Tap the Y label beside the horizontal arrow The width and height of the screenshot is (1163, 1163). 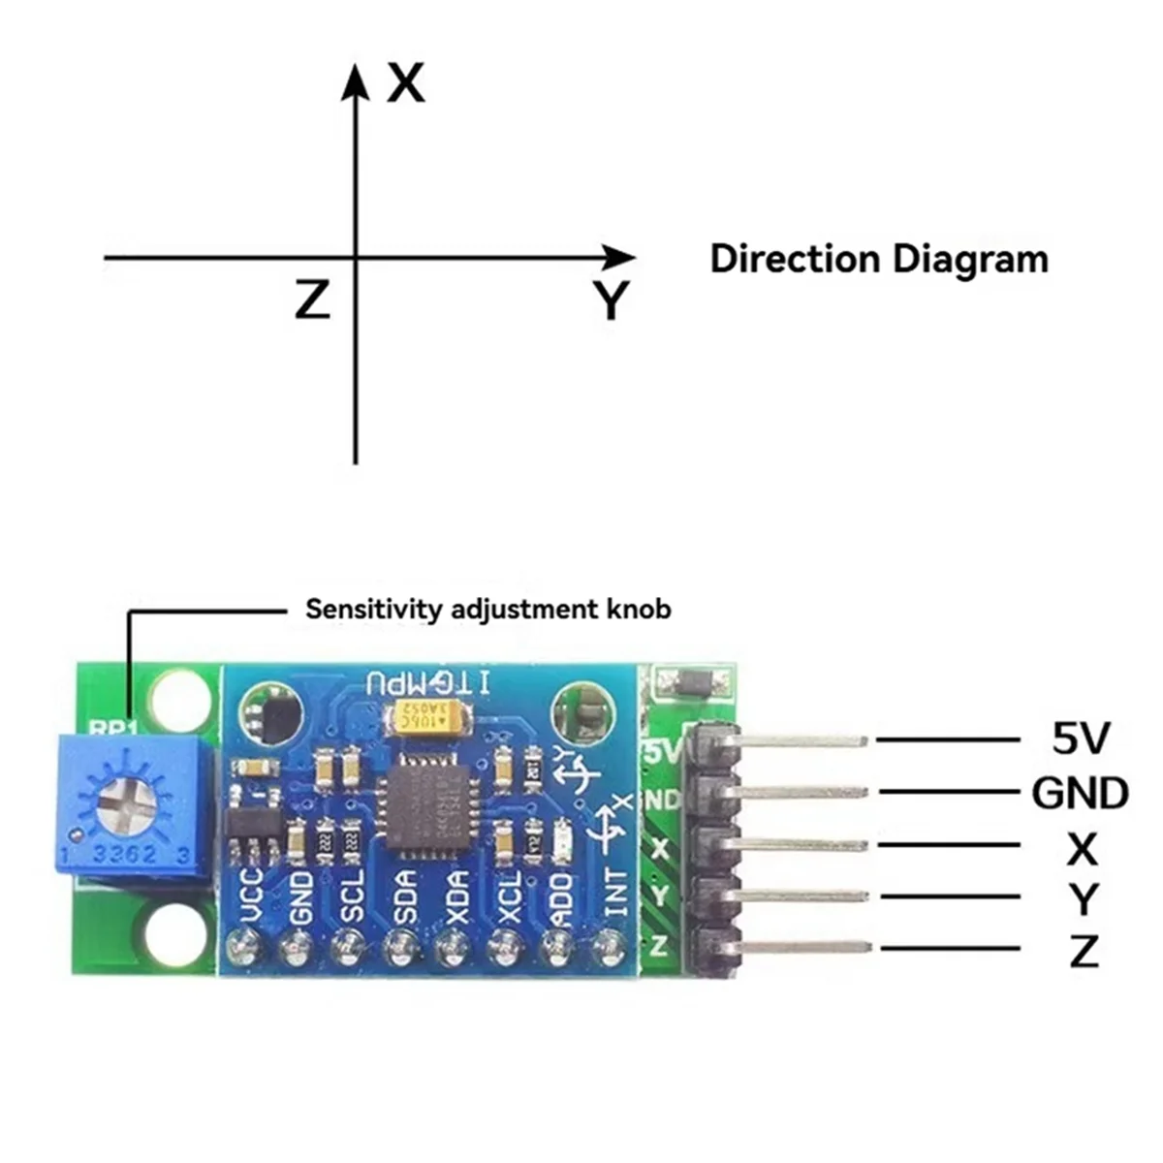[x=612, y=300]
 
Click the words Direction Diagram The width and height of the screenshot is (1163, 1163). [x=879, y=260]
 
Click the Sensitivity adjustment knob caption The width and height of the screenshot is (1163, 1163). [x=488, y=610]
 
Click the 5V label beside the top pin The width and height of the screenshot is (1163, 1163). [x=1080, y=739]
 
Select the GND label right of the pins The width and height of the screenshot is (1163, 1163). [x=1080, y=793]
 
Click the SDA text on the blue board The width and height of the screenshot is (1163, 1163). [x=404, y=896]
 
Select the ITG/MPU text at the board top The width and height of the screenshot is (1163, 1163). [x=427, y=682]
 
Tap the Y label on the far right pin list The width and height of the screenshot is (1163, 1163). [x=1083, y=898]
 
